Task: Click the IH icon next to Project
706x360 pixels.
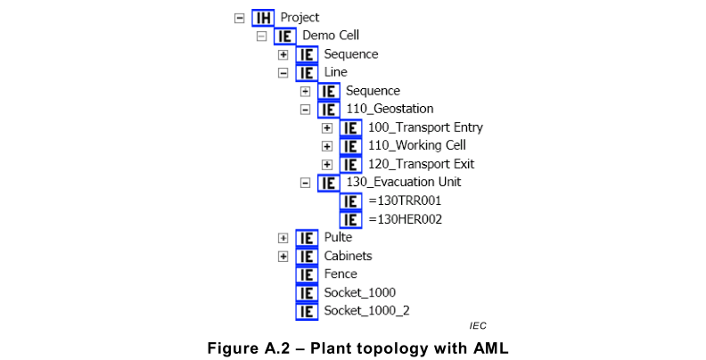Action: [263, 18]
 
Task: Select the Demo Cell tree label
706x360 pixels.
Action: [331, 36]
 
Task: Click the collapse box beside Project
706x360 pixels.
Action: [239, 18]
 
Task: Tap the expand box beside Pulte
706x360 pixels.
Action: [283, 238]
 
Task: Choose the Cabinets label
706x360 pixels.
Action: [348, 256]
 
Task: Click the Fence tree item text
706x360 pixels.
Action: [341, 274]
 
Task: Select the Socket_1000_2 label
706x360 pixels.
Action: [366, 311]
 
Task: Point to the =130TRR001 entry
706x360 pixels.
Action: [404, 200]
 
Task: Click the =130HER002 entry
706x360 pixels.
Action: [405, 219]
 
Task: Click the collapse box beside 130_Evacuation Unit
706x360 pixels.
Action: [306, 183]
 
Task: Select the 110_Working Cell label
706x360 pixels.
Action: [416, 146]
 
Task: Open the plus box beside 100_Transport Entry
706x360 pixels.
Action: [327, 127]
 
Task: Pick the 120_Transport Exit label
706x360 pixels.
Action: [421, 164]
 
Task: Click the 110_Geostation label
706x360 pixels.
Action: [384, 110]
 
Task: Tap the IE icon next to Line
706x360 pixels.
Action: [307, 73]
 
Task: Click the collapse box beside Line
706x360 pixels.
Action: [283, 73]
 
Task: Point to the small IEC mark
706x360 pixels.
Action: [478, 326]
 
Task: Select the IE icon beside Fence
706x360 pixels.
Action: [307, 274]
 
